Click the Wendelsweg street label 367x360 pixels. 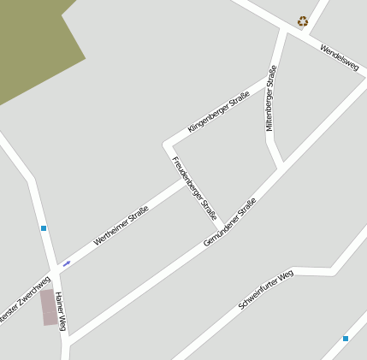(x=339, y=62)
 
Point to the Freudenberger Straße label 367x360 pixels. (x=194, y=186)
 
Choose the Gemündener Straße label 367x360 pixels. (x=229, y=223)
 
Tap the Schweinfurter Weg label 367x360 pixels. (x=265, y=290)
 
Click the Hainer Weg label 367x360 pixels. (x=61, y=311)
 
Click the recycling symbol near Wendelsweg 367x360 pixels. (x=302, y=21)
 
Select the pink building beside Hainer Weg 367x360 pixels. (x=50, y=308)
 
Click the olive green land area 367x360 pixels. (x=34, y=47)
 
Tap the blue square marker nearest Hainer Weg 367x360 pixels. (x=43, y=228)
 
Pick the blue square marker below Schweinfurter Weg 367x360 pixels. (x=346, y=339)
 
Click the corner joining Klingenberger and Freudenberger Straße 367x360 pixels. (x=165, y=144)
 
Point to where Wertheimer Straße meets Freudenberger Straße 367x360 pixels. (x=183, y=181)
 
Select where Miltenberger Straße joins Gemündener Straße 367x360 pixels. (x=279, y=166)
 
